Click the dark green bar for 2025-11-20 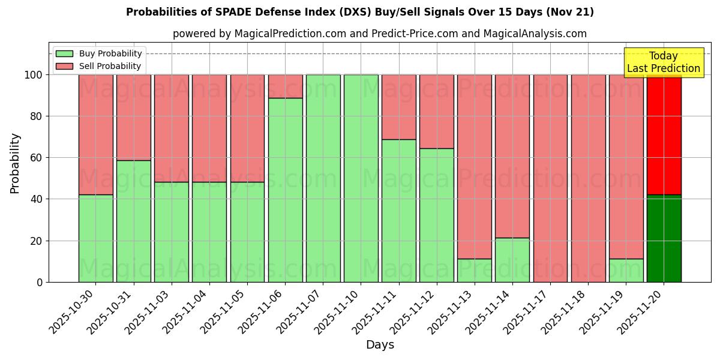tap(664, 238)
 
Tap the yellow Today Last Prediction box tap(663, 62)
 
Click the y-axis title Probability tap(15, 163)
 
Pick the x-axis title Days tap(380, 345)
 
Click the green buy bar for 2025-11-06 tap(285, 190)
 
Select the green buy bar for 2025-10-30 tap(95, 238)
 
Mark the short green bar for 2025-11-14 tap(512, 260)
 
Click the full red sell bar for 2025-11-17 tap(550, 178)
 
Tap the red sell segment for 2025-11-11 tap(399, 107)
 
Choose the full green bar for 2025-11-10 tap(361, 178)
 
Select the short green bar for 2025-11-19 tap(626, 270)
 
